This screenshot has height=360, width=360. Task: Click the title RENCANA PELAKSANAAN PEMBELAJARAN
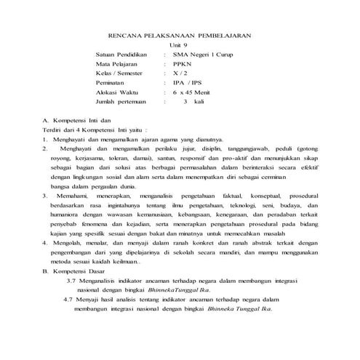click(x=180, y=35)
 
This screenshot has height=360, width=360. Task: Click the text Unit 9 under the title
click(x=179, y=45)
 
